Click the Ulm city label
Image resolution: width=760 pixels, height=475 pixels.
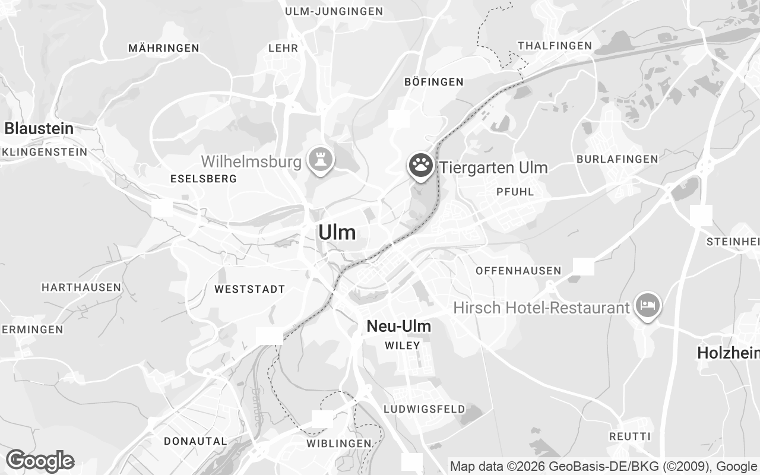pos(337,232)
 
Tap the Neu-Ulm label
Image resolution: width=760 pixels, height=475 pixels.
pos(398,326)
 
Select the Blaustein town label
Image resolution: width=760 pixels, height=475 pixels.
pos(39,128)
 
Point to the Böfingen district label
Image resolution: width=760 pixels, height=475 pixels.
pos(433,82)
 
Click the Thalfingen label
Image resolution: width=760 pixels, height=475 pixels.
pos(555,46)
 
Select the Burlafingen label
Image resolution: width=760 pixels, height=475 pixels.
pos(617,159)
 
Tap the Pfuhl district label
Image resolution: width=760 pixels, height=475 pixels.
pos(515,192)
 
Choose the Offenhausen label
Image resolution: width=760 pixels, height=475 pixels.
pos(518,271)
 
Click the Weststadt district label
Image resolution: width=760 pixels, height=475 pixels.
pos(249,289)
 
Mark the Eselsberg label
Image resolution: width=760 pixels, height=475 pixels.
pos(203,178)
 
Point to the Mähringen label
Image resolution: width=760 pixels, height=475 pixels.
pos(163,48)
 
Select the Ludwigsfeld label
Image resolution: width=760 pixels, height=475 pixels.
pos(424,409)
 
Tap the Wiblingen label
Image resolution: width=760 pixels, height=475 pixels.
pos(338,444)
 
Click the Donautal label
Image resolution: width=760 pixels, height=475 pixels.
pos(195,441)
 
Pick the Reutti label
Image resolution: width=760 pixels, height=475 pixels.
pos(630,436)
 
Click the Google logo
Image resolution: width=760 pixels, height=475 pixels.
pos(40,461)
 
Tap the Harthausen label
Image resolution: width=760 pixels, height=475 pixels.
pos(81,287)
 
